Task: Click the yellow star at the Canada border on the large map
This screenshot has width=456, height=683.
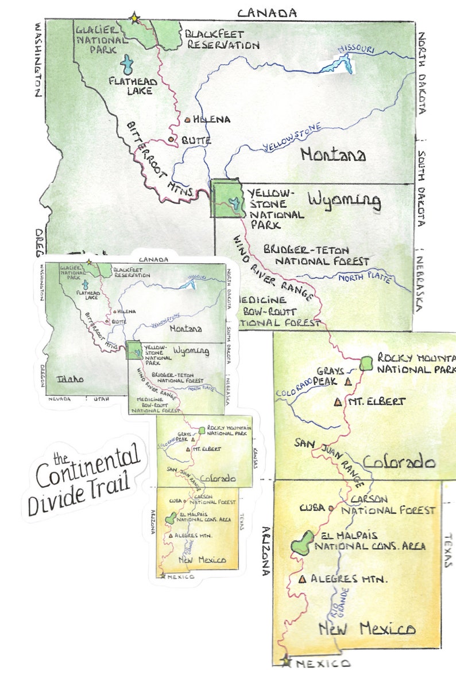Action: pos(134,18)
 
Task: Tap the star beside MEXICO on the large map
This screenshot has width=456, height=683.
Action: pos(286,661)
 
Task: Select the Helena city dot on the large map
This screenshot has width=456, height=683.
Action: pos(188,120)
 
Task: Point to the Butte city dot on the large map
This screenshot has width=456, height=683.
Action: pos(171,139)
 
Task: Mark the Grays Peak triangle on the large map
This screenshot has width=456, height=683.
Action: pos(348,381)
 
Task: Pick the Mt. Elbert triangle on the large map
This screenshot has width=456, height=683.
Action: pos(337,403)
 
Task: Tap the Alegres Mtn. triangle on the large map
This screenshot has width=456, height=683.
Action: pos(302,579)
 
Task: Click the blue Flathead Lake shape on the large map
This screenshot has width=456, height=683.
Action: pos(127,64)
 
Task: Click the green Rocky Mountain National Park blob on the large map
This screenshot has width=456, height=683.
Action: pos(366,363)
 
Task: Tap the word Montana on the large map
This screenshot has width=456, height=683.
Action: pos(333,154)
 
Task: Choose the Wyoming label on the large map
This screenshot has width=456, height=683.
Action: pos(344,201)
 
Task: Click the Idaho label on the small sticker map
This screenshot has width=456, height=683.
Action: pos(69,379)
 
